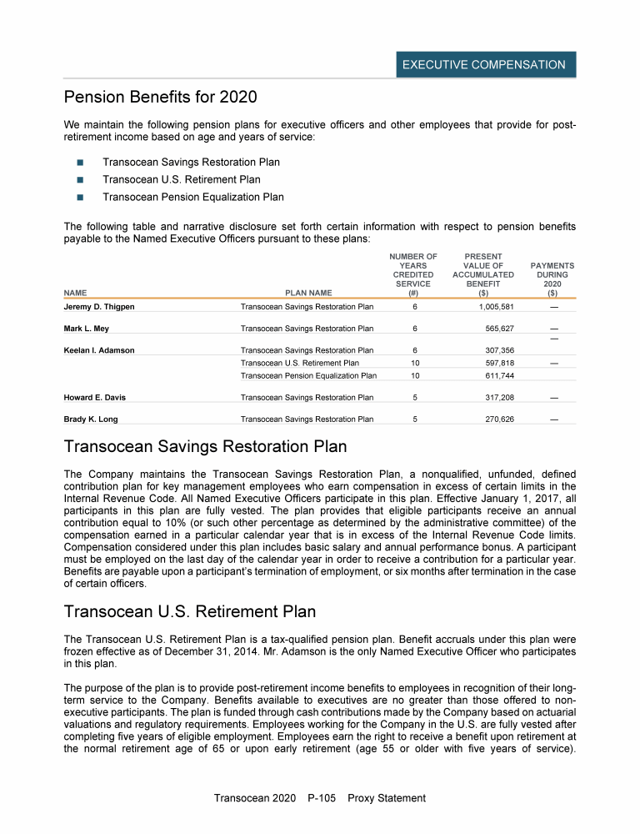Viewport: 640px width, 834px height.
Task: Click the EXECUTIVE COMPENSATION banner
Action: click(484, 64)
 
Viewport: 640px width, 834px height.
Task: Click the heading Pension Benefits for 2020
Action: click(160, 98)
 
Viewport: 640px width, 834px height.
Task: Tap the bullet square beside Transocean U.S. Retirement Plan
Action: click(81, 179)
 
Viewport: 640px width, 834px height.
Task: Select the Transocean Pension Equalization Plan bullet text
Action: click(192, 198)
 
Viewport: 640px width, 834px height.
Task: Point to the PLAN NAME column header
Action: click(308, 293)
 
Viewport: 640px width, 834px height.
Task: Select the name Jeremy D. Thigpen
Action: click(99, 307)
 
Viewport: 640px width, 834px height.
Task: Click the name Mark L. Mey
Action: click(87, 329)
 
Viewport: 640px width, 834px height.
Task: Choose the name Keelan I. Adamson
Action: click(99, 350)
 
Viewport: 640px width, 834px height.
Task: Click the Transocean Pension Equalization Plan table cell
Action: click(307, 376)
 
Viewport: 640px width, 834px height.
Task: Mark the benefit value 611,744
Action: click(499, 376)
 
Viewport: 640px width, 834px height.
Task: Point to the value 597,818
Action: click(499, 363)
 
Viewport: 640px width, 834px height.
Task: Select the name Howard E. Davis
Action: click(95, 398)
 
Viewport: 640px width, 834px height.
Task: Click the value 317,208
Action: click(499, 398)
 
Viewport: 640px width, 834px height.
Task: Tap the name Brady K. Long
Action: click(92, 419)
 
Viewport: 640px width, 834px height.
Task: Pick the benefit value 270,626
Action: click(499, 419)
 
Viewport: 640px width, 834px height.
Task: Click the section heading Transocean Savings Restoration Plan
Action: click(205, 448)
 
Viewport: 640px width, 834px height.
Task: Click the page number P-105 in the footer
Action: click(322, 798)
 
